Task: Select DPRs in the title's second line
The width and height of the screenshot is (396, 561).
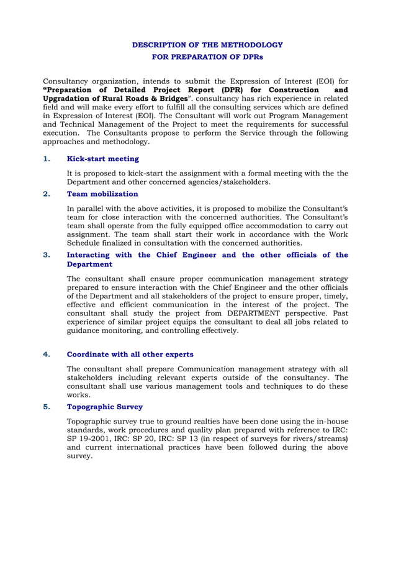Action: pyautogui.click(x=251, y=57)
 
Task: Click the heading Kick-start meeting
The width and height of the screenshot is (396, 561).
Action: pyautogui.click(x=102, y=159)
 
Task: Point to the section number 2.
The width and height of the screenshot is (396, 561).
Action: pyautogui.click(x=46, y=193)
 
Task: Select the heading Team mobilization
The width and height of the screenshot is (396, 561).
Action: pyautogui.click(x=102, y=193)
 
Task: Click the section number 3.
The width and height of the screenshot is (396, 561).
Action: pyautogui.click(x=46, y=255)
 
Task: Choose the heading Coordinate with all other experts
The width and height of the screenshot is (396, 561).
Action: pyautogui.click(x=130, y=355)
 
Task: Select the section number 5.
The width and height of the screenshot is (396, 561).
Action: pyautogui.click(x=46, y=407)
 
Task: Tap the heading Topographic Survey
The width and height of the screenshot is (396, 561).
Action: pyautogui.click(x=104, y=407)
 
